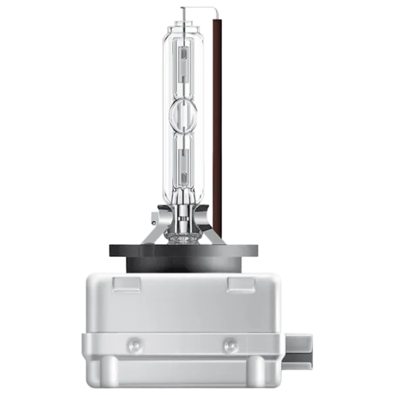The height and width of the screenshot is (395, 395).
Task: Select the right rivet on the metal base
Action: (230, 343)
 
